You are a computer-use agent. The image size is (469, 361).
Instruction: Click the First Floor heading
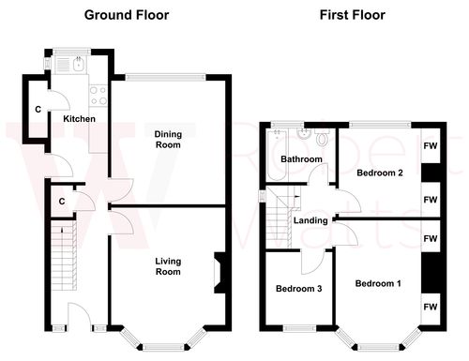(x=352, y=14)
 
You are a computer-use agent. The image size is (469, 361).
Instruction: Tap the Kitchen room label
(x=79, y=119)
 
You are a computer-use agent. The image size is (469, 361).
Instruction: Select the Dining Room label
(x=168, y=140)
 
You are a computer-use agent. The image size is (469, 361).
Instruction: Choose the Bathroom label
(x=302, y=159)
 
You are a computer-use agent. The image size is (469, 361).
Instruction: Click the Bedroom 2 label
(x=379, y=173)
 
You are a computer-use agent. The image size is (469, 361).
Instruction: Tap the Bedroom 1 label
(x=379, y=282)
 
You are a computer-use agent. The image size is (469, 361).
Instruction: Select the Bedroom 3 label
(x=298, y=289)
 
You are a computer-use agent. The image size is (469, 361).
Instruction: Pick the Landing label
(x=310, y=220)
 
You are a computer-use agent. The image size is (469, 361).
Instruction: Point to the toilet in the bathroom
(x=322, y=140)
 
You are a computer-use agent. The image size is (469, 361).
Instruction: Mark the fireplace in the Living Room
(x=219, y=271)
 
